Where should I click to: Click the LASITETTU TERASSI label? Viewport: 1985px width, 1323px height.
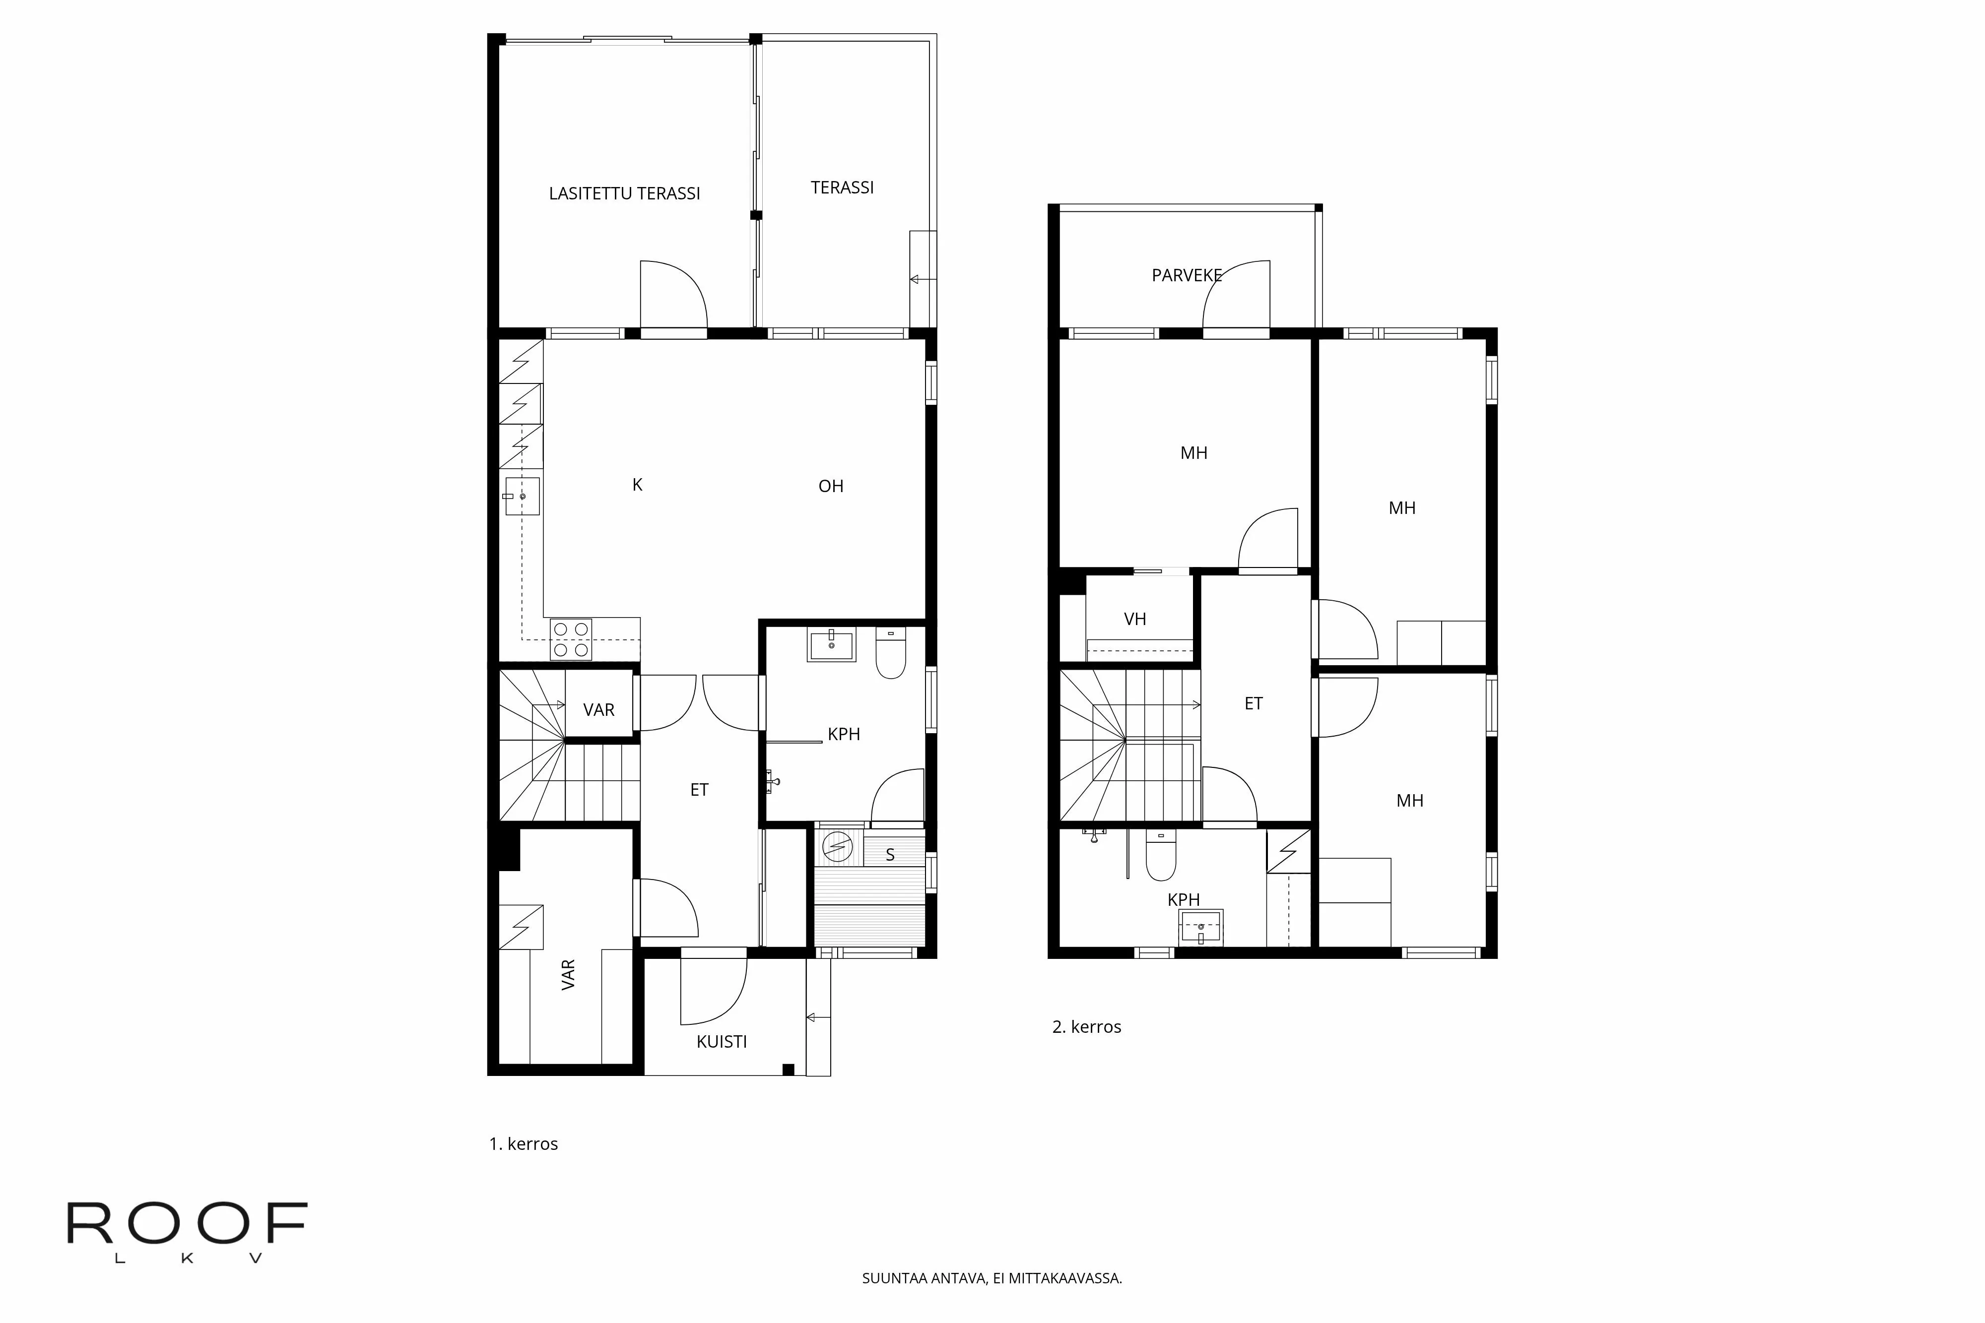pos(625,193)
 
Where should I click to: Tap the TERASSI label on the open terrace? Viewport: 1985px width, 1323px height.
pos(842,188)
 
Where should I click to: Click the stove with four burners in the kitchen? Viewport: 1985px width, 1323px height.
pos(571,639)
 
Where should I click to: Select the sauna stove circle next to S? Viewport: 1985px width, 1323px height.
pos(837,846)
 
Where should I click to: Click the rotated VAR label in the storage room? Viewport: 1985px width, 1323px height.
pos(569,975)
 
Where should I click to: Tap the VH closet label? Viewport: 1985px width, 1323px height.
pos(1134,619)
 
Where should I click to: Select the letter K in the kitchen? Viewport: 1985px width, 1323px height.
pos(637,484)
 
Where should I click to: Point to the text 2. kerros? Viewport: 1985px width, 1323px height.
pos(1086,1027)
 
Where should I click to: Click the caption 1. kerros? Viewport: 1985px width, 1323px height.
pos(523,1144)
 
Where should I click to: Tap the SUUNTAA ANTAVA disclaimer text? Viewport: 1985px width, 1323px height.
pos(992,1278)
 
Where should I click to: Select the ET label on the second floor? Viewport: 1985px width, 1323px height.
pos(1254,704)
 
